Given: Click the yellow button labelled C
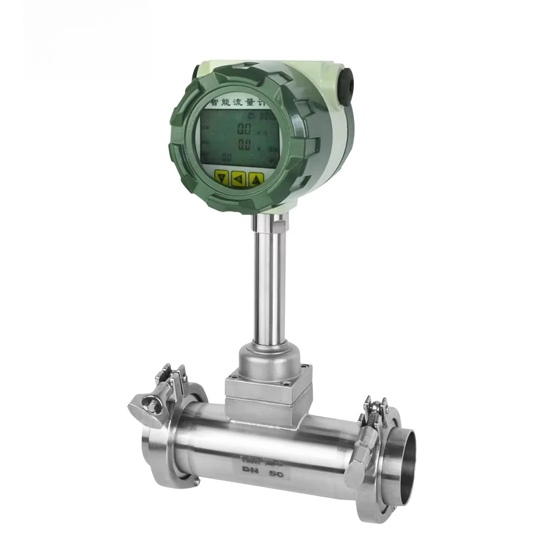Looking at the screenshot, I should [x=256, y=179].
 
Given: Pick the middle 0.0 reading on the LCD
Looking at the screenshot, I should [x=244, y=145].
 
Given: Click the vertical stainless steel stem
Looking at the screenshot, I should [x=267, y=283].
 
